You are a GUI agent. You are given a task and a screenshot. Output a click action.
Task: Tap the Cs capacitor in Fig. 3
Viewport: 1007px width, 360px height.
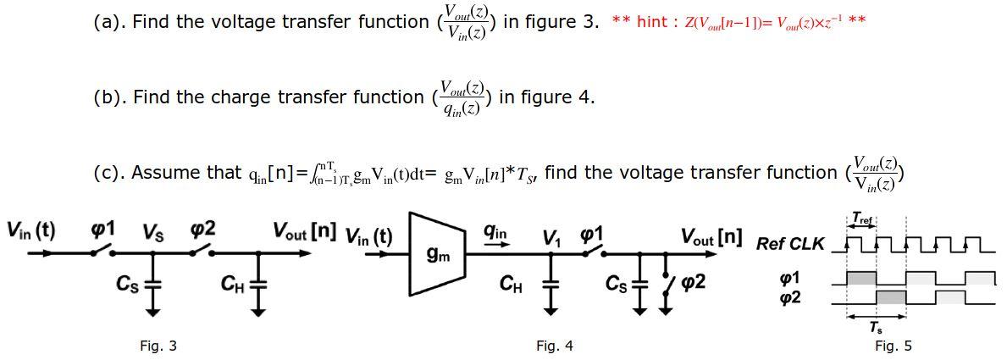[152, 284]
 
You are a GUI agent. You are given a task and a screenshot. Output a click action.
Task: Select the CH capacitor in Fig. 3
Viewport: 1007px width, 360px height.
[256, 284]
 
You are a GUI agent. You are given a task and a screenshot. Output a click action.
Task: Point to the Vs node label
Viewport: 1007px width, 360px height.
[152, 230]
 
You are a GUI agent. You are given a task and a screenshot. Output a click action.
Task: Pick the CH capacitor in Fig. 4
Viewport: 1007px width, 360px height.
[551, 284]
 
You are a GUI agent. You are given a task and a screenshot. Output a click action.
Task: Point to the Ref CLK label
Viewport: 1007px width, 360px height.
[789, 244]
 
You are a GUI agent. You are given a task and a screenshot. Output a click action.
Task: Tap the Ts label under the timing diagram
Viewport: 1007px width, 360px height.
[876, 327]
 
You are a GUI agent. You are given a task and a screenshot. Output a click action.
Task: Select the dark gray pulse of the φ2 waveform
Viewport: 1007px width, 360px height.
[891, 296]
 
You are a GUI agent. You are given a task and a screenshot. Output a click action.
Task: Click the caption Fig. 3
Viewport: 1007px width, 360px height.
[158, 346]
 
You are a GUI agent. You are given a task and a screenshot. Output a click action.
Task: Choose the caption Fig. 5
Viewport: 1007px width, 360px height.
[894, 346]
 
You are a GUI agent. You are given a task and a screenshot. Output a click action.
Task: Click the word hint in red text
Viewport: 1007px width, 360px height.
[651, 22]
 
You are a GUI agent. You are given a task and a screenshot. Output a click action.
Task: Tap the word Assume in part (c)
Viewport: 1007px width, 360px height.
[162, 173]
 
